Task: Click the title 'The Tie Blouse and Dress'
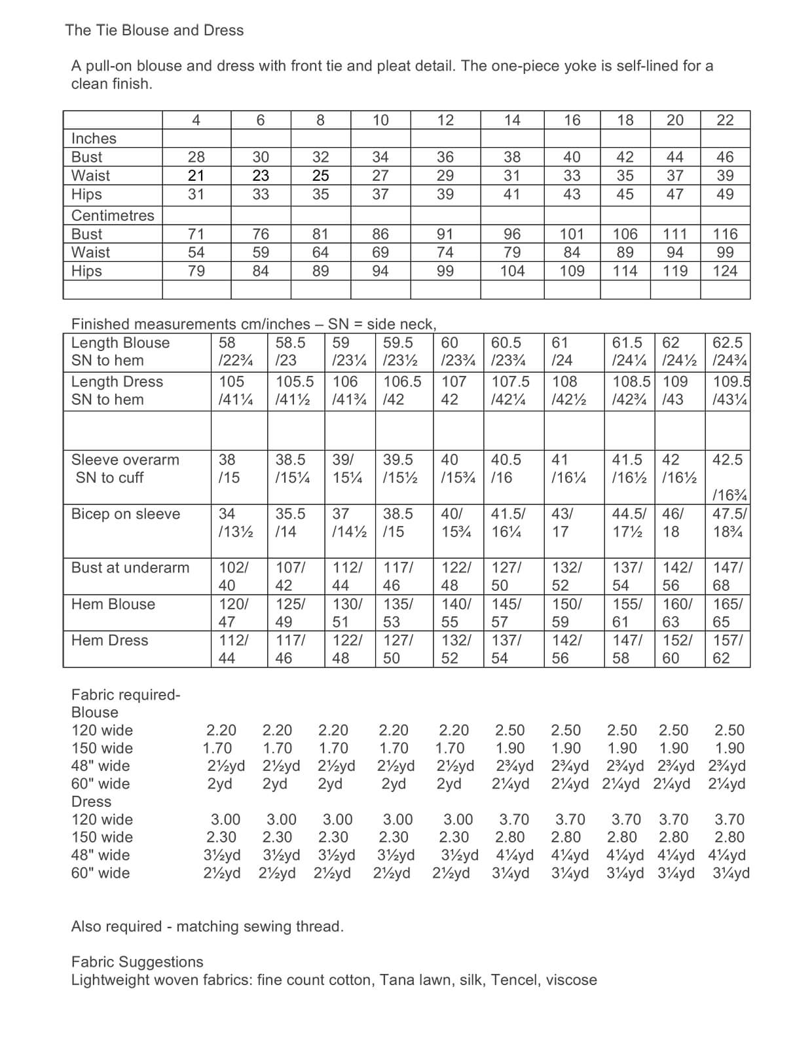coord(155,30)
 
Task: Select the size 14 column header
coord(512,120)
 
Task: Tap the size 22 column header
coord(725,120)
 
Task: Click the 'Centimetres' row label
coord(113,215)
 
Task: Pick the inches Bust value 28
coord(196,157)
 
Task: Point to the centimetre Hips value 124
coord(725,271)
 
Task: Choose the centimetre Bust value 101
coord(572,234)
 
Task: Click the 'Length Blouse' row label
coord(120,343)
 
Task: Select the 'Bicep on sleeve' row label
coord(125,514)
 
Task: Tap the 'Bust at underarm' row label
coord(130,568)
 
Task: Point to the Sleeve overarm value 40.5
coord(506,460)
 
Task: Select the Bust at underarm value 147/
coord(728,568)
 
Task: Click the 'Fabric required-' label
coord(126,695)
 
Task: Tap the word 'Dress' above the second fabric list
coord(91,802)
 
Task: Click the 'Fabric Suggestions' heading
coord(137,962)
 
